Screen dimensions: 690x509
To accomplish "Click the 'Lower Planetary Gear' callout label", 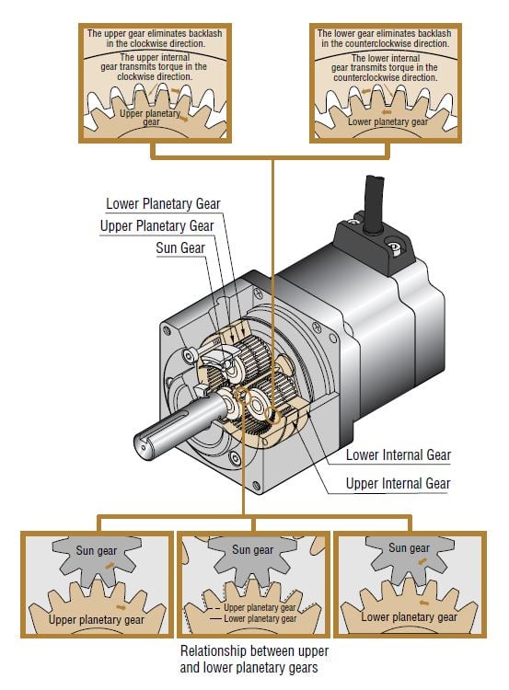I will click(x=163, y=203).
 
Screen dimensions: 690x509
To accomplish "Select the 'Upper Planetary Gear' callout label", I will click(x=156, y=225).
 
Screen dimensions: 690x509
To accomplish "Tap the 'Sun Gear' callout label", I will click(x=180, y=247).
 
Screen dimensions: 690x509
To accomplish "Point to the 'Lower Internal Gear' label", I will click(x=398, y=454).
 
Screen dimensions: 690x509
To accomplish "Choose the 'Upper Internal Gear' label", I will click(x=398, y=483).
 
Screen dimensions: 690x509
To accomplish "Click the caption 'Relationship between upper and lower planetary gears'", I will click(x=251, y=660).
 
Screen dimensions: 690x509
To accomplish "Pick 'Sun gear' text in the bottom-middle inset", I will click(x=252, y=550).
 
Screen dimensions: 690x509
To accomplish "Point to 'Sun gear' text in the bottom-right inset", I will click(x=409, y=548).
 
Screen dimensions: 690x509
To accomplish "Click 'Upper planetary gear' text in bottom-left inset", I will click(x=96, y=619).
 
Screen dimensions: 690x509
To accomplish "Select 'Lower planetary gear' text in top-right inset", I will click(x=388, y=121).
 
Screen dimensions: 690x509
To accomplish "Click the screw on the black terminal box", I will click(x=393, y=248).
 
